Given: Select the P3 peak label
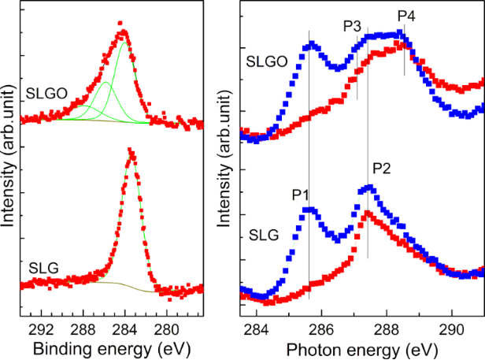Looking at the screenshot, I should pyautogui.click(x=352, y=26).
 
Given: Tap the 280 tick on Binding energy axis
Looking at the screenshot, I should pyautogui.click(x=167, y=328).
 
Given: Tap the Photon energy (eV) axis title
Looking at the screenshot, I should pyautogui.click(x=361, y=347).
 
